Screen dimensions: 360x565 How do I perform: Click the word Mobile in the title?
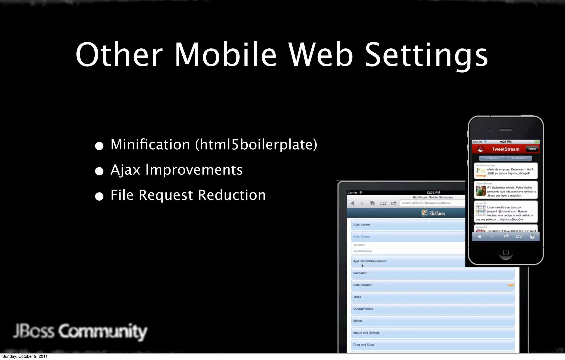tap(225, 54)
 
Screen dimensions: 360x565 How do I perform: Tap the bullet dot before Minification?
tap(99, 146)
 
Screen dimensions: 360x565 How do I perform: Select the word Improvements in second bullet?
tap(194, 170)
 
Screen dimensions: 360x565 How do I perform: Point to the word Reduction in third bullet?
tap(232, 195)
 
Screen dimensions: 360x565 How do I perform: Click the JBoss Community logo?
tap(80, 331)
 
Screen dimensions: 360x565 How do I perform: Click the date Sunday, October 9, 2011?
tap(25, 356)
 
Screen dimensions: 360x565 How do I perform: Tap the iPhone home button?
tap(506, 252)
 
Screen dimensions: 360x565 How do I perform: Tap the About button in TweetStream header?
tap(532, 149)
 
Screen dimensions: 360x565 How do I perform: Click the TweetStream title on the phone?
tap(505, 149)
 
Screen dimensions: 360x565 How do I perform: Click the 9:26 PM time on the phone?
tap(506, 142)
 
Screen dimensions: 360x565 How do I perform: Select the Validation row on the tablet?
tap(433, 273)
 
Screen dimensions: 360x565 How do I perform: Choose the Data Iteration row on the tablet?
tap(433, 285)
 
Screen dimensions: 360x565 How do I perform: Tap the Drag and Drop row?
tap(433, 345)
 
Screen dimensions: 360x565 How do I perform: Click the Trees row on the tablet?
tap(433, 297)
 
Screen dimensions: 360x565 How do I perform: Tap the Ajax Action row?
tap(408, 225)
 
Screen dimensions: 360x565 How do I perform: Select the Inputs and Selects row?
tap(433, 333)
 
